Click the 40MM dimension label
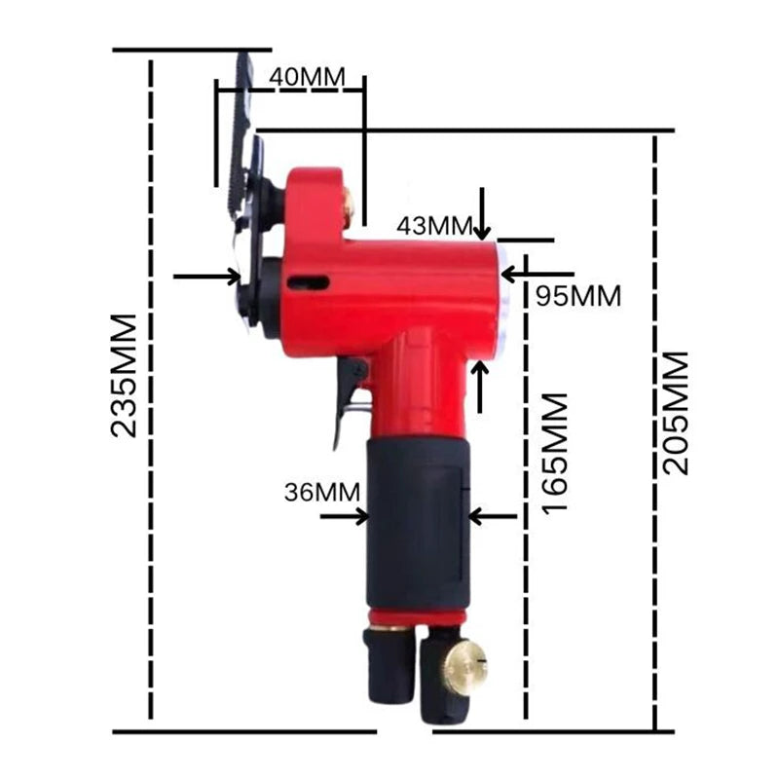click(x=307, y=77)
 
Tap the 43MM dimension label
click(x=433, y=226)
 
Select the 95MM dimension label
click(x=578, y=297)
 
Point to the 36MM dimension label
click(x=322, y=493)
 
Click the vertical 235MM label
click(x=124, y=376)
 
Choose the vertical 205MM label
click(x=676, y=413)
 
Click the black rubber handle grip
click(x=418, y=524)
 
